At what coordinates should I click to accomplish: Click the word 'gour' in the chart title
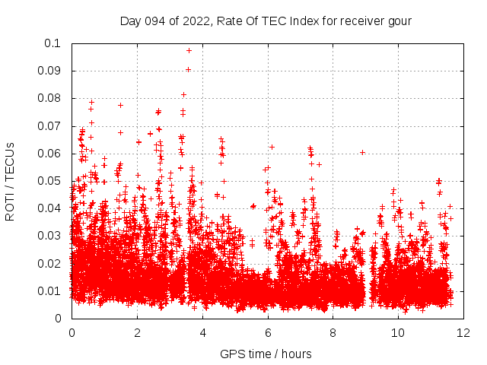399,21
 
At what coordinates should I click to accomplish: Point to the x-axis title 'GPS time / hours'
266,354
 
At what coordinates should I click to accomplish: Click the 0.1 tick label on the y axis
53,43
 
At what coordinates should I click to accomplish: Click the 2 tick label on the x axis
137,333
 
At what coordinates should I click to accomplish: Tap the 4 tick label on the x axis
202,333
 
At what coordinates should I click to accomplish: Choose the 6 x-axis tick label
268,333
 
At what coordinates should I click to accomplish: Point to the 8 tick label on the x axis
333,333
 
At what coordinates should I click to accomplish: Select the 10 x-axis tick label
399,333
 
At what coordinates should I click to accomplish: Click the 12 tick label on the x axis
464,333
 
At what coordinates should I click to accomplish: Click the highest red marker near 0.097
189,50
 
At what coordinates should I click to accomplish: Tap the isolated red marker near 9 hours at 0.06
363,152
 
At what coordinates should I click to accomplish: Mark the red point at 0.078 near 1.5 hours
120,105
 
